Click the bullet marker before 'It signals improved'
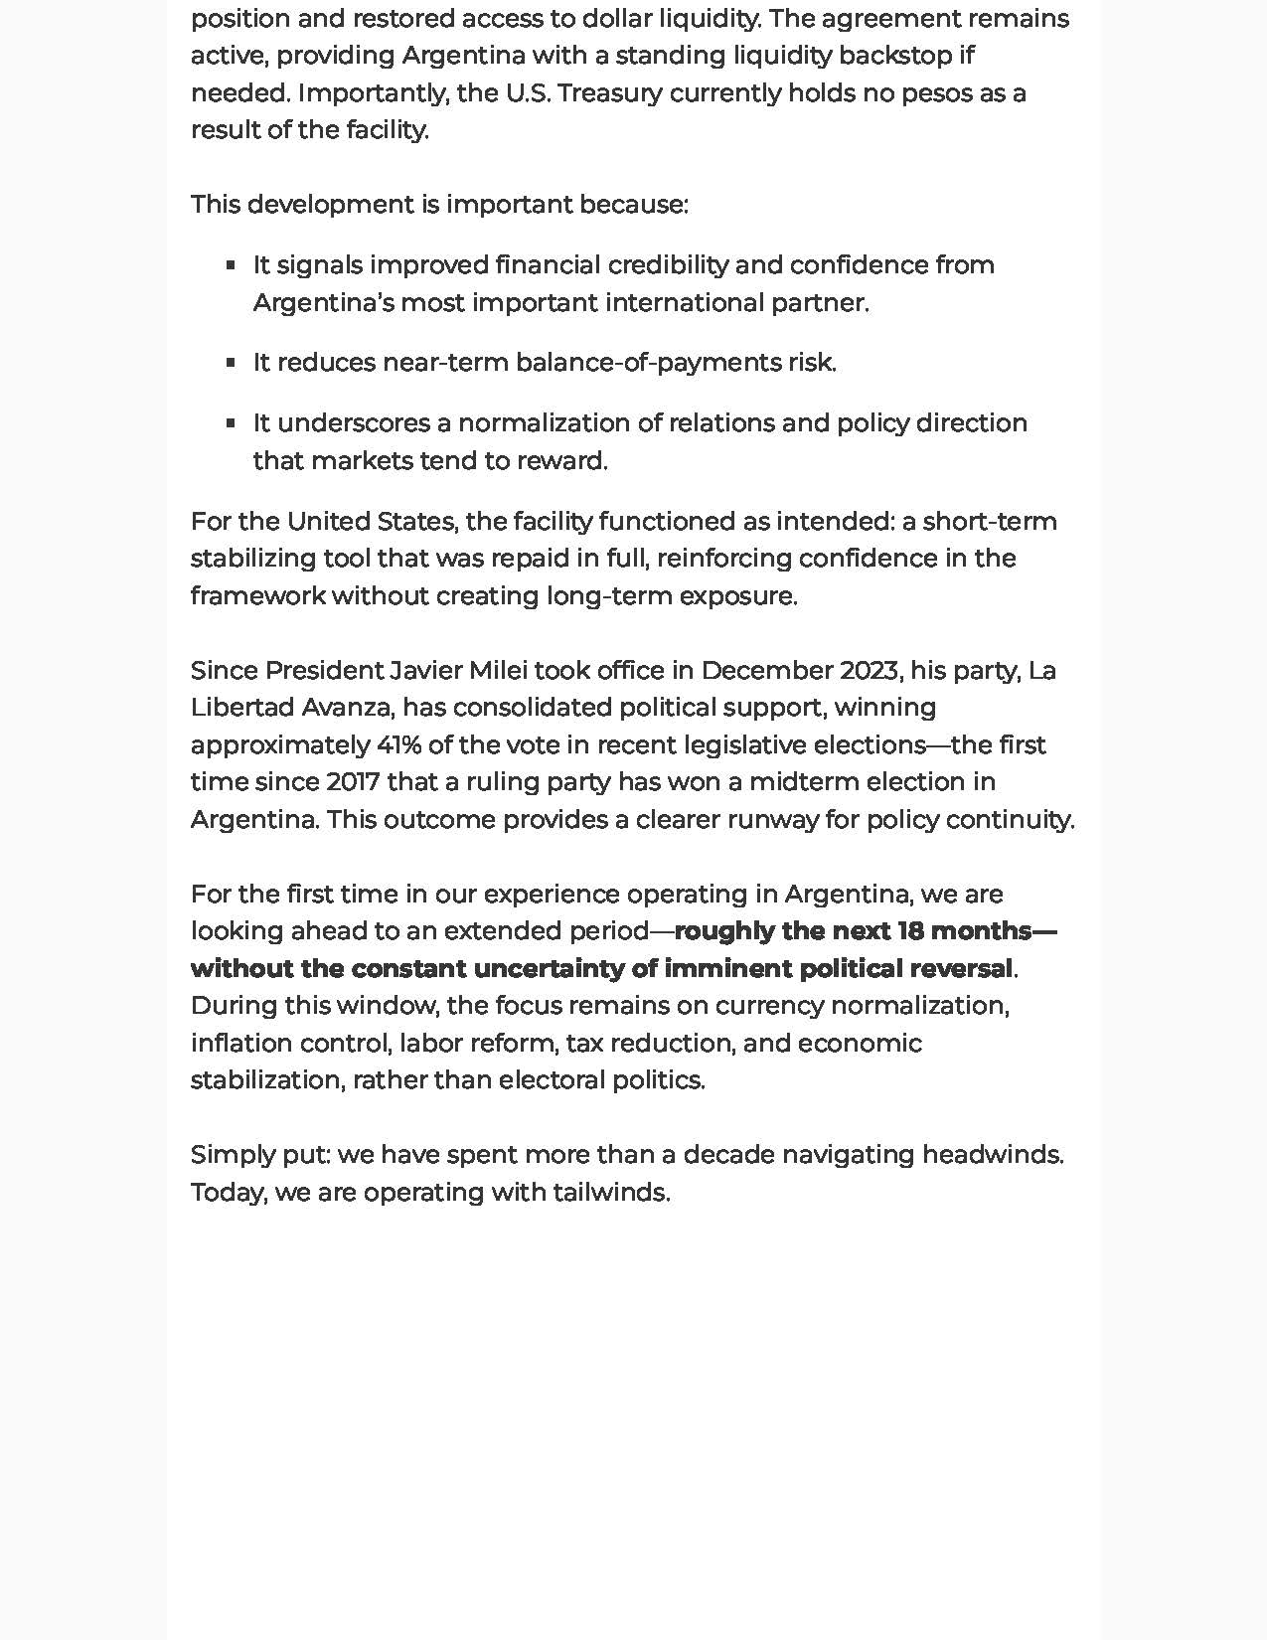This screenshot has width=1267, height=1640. tap(231, 265)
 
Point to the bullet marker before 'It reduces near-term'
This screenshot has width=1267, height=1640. tap(231, 363)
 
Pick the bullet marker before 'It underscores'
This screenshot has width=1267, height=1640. tap(231, 423)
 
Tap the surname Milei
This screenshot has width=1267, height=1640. tap(499, 671)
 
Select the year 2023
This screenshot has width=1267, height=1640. tap(869, 671)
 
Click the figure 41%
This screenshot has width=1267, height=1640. tap(398, 745)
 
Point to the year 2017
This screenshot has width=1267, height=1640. tap(353, 782)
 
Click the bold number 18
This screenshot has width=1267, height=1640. tap(911, 931)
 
